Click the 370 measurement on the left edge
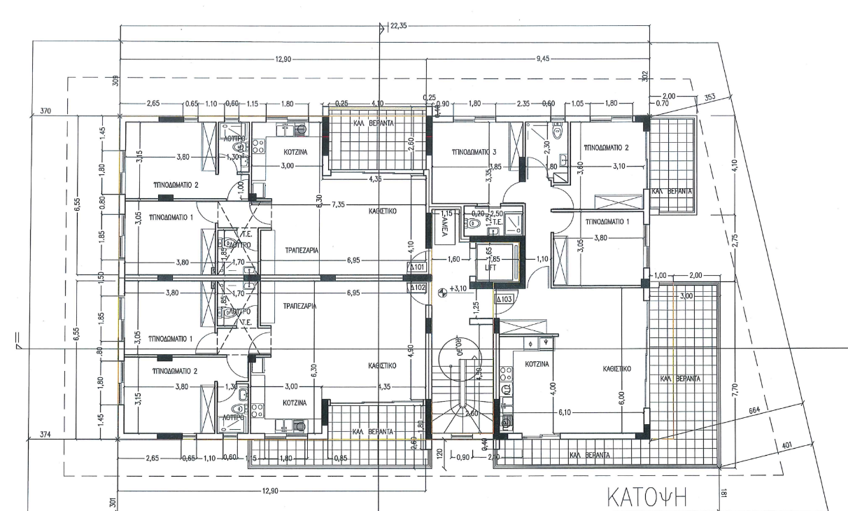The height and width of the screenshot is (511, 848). (46, 111)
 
